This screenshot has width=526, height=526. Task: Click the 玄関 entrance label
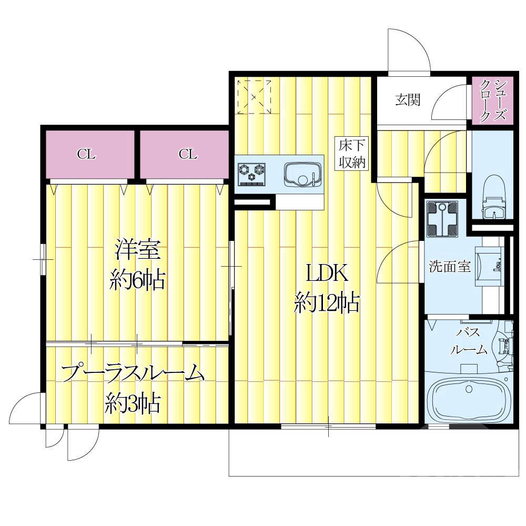(408, 100)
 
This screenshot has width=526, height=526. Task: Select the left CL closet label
(86, 154)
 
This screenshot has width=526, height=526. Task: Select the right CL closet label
(187, 154)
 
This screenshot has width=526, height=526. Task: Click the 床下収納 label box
(352, 153)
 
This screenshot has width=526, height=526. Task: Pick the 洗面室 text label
(449, 266)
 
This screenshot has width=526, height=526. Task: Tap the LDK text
(326, 274)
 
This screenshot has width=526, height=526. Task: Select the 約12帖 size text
(327, 304)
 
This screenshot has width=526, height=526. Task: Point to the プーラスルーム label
(132, 374)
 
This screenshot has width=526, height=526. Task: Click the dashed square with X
(254, 97)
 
